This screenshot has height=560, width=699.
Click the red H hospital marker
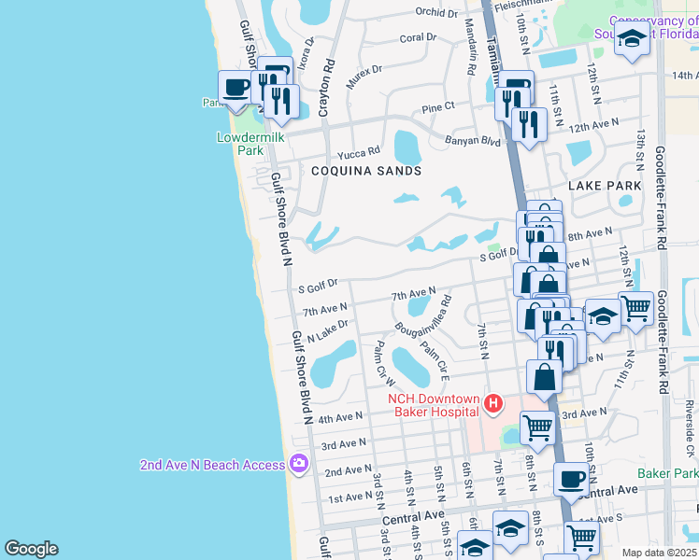pyautogui.click(x=493, y=403)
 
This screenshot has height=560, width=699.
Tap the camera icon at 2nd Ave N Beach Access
pyautogui.click(x=299, y=462)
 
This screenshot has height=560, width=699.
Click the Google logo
pyautogui.click(x=31, y=549)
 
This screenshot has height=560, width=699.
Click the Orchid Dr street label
pyautogui.click(x=437, y=13)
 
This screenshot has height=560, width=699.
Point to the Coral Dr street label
pyautogui.click(x=418, y=38)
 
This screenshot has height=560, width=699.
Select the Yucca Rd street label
pyautogui.click(x=360, y=150)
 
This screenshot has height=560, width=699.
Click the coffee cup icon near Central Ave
pyautogui.click(x=570, y=479)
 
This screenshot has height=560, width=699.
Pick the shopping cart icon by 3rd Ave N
pyautogui.click(x=537, y=427)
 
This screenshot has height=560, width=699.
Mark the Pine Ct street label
pyautogui.click(x=437, y=107)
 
